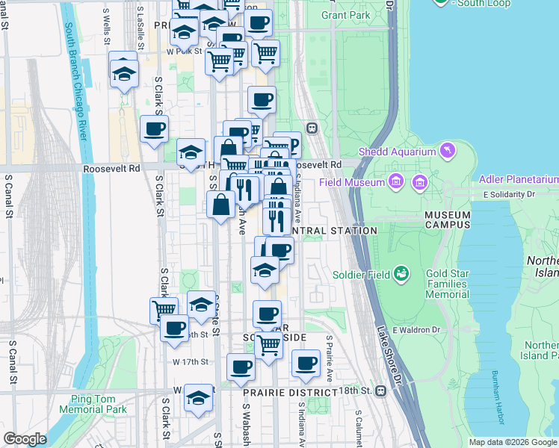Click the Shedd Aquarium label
[397, 152]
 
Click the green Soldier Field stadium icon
[402, 274]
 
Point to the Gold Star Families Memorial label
[447, 284]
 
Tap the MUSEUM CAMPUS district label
[447, 220]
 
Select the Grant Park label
[345, 15]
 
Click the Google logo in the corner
[24, 439]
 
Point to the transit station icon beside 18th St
[382, 391]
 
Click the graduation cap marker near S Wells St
[123, 72]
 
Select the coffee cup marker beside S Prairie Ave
[305, 363]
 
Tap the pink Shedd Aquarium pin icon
[448, 152]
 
